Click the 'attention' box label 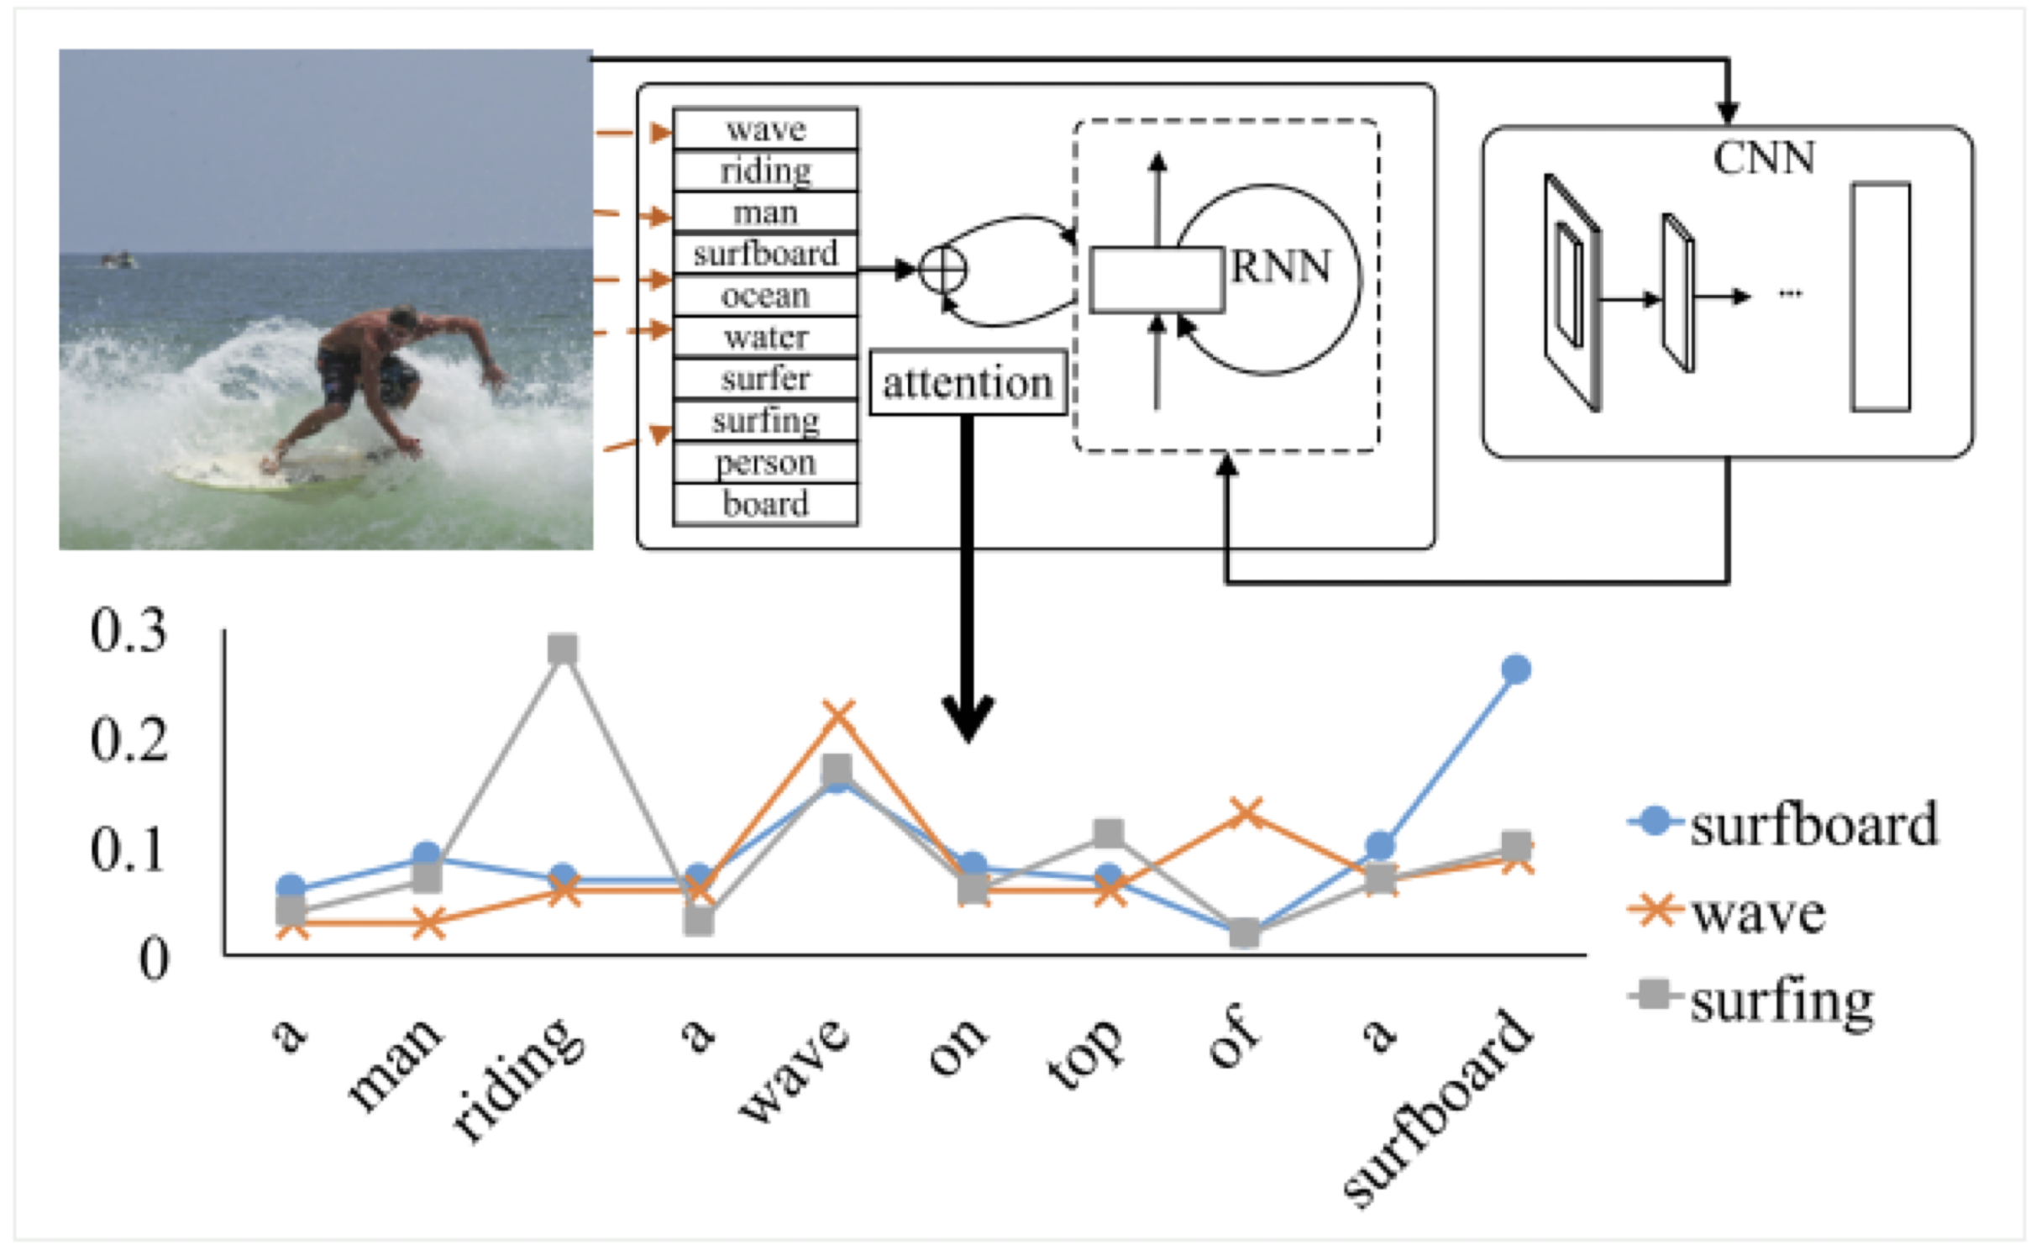tap(968, 384)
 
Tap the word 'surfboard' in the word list tap(765, 254)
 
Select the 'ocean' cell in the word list tap(765, 296)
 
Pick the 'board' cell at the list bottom tap(765, 504)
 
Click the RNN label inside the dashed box tap(1281, 267)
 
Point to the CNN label tap(1764, 157)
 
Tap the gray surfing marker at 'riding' tap(563, 649)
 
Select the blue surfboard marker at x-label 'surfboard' tap(1515, 670)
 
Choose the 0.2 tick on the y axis tap(129, 739)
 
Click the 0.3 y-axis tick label tap(129, 629)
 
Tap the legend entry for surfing tap(1781, 1001)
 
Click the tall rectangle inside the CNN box tap(1881, 297)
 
